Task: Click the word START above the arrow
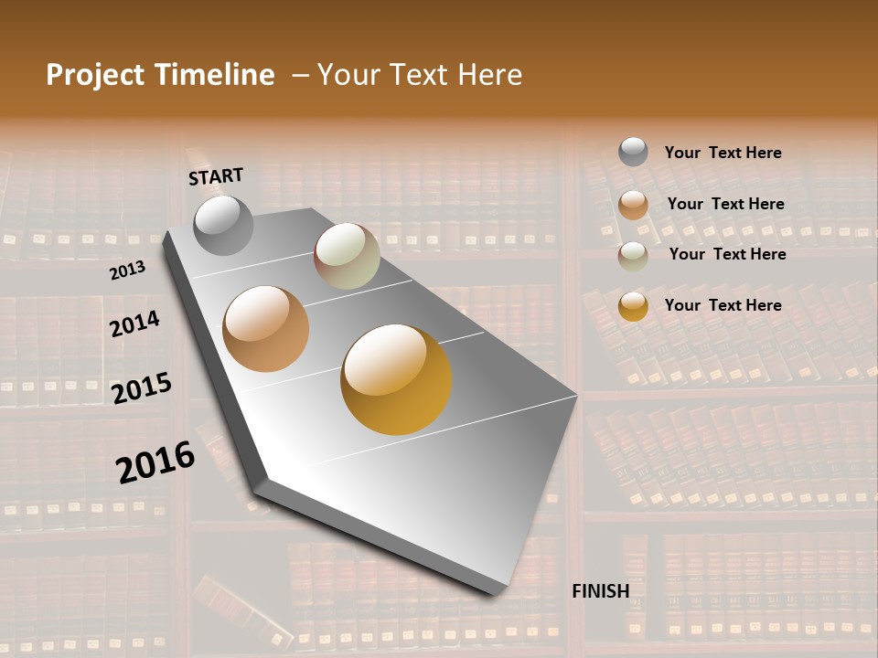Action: point(216,176)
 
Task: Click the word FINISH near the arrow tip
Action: point(600,591)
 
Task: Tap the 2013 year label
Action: point(127,271)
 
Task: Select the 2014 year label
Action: point(134,324)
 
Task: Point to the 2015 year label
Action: point(142,387)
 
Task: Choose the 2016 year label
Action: point(155,462)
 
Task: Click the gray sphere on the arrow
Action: point(223,225)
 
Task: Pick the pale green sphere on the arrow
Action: point(347,256)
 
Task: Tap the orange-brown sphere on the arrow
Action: point(266,329)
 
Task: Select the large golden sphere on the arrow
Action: point(396,379)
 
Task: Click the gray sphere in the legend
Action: point(633,152)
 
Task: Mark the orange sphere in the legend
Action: point(633,205)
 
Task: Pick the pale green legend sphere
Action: point(633,256)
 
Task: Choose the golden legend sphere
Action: point(633,306)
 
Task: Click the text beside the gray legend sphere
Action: point(723,153)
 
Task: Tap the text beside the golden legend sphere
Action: point(723,305)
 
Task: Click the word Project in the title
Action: point(95,75)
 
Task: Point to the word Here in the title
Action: point(489,75)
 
